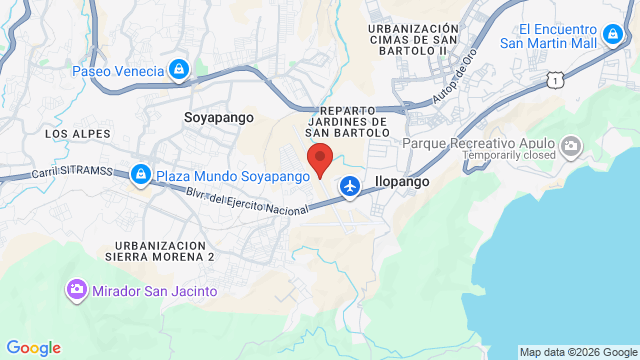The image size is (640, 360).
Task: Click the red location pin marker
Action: (x=319, y=160)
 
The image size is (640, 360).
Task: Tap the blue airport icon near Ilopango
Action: (x=350, y=185)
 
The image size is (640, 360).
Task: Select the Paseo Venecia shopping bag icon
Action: (x=178, y=69)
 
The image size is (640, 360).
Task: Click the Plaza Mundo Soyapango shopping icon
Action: (x=141, y=175)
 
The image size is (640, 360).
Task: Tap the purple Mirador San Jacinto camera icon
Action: (x=76, y=290)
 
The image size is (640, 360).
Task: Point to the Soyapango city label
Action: (x=213, y=117)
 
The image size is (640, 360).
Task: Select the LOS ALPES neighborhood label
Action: (x=69, y=133)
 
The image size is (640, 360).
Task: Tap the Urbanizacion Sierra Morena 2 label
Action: (x=164, y=250)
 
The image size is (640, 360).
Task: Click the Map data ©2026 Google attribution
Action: (x=577, y=352)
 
